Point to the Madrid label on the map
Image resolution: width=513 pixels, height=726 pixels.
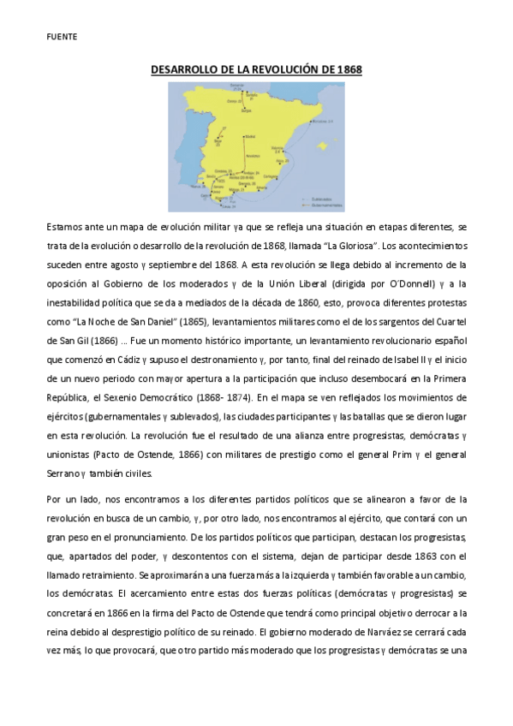coord(250,136)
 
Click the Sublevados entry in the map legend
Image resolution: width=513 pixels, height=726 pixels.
coord(319,200)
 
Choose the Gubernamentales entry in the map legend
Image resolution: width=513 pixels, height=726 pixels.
coord(323,205)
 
